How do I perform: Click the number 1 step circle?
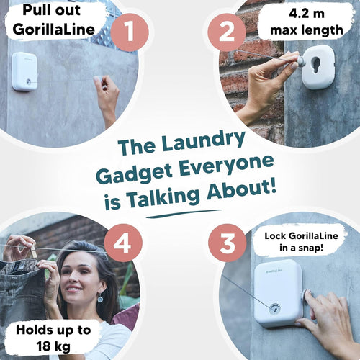[x=130, y=32]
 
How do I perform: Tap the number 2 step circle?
[x=227, y=32]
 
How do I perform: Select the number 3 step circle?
[x=228, y=243]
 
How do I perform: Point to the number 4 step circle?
[x=123, y=243]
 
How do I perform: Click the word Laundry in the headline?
[x=204, y=142]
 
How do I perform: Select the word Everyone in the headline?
[x=226, y=165]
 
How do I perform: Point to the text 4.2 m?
[x=307, y=14]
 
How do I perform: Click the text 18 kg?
[x=53, y=346]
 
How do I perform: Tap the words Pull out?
[x=52, y=11]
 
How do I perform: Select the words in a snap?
[x=301, y=248]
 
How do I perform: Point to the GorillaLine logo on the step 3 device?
[x=274, y=271]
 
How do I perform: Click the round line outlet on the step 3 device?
[x=274, y=308]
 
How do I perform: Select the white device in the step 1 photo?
[x=25, y=71]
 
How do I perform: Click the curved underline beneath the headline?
[x=184, y=214]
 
